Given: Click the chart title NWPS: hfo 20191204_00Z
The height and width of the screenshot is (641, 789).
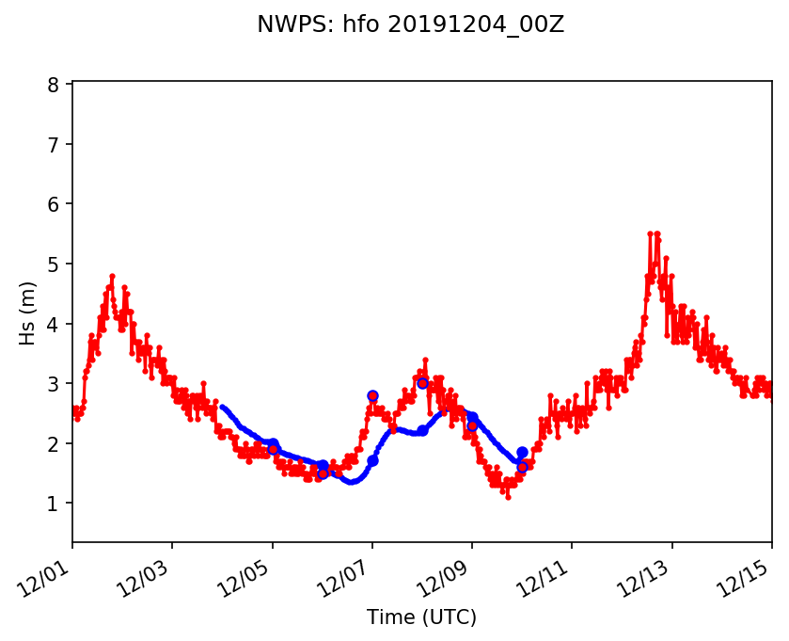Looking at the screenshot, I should [x=410, y=25].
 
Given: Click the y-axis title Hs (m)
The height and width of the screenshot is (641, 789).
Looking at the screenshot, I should [x=28, y=312].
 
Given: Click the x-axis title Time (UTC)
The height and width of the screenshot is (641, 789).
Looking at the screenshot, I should [x=421, y=617].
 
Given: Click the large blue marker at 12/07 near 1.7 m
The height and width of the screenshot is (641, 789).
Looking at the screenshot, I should [x=372, y=460].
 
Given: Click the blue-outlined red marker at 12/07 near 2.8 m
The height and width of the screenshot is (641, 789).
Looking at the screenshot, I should [x=372, y=396].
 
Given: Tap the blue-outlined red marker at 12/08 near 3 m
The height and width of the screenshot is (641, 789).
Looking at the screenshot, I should [x=422, y=383].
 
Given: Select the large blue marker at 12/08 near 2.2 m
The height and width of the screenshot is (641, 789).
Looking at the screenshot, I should [x=422, y=430].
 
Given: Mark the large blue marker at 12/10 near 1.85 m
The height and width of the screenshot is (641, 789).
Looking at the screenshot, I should [x=522, y=453].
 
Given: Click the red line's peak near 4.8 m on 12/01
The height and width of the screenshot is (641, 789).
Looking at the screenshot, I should [x=112, y=276].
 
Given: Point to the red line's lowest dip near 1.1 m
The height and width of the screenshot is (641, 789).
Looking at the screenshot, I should [x=508, y=497].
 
